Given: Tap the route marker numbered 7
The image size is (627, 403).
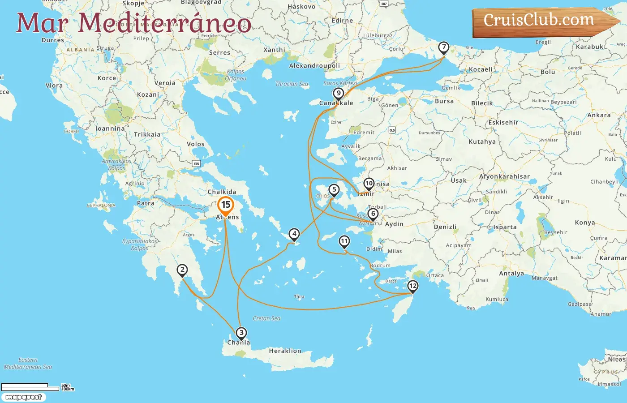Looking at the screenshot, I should click(443, 47).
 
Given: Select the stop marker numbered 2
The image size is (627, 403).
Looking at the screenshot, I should click(182, 270).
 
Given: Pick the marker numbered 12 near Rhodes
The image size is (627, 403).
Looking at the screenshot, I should click(412, 286).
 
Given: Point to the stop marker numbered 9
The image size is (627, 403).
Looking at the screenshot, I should click(339, 94).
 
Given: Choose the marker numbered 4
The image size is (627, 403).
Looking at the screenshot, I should click(294, 234).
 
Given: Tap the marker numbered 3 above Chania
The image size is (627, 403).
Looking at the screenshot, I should click(241, 333).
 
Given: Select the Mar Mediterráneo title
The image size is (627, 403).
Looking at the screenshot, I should click(133, 23).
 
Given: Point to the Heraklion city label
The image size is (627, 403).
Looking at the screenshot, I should click(285, 351).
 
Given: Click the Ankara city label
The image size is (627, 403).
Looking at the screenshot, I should click(599, 115).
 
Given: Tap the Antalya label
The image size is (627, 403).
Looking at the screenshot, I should click(511, 274).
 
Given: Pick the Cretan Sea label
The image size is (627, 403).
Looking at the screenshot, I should click(266, 318).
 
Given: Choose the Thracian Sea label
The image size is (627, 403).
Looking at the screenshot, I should click(292, 84).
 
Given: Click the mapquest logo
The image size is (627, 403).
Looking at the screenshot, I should click(23, 397).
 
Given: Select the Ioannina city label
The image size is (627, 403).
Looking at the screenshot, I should click(110, 129).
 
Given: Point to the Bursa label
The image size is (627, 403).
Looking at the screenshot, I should click(444, 101).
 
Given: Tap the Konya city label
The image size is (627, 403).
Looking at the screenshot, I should click(585, 223).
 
